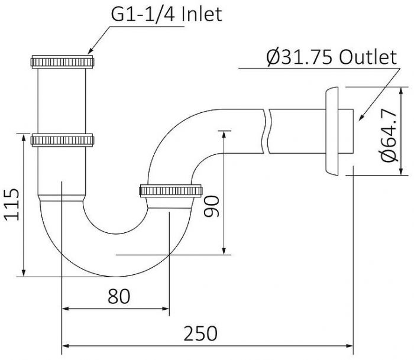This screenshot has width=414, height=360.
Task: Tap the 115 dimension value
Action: click(x=12, y=205)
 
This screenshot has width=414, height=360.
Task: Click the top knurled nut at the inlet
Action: click(x=62, y=62)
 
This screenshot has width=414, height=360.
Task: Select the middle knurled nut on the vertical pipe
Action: click(x=62, y=140)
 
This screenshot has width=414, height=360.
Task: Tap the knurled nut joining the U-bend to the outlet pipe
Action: click(x=171, y=191)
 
